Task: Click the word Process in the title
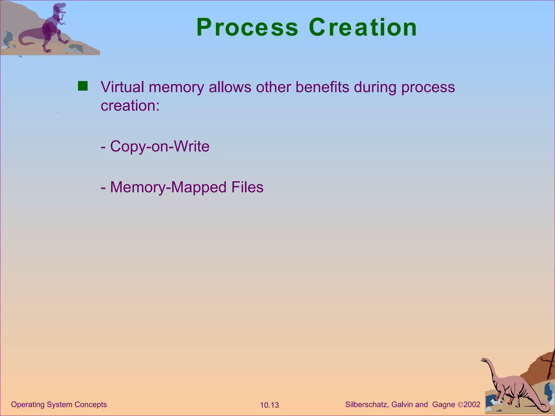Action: coord(247,28)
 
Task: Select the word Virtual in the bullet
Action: coord(122,87)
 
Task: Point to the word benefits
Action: coord(322,87)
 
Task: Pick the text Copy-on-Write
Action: coord(160,147)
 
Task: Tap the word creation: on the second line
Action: coord(130,106)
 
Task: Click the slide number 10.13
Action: coord(269,405)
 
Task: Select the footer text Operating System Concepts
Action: coord(59,405)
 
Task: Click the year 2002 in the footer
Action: coord(472,405)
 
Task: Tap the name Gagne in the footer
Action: coord(444,405)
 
